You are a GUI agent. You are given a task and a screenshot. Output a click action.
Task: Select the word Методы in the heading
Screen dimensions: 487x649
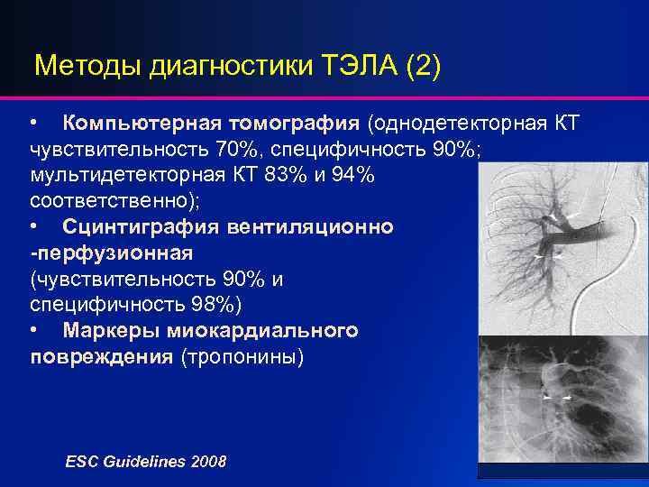[85, 67]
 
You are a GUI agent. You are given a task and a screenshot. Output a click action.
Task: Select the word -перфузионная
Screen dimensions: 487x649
[112, 253]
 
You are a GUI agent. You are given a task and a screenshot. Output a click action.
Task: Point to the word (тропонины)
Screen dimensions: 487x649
[242, 357]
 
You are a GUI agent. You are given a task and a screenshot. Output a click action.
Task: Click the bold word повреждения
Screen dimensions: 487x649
[102, 357]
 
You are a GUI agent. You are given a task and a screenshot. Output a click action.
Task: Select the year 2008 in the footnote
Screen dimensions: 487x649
[208, 461]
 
